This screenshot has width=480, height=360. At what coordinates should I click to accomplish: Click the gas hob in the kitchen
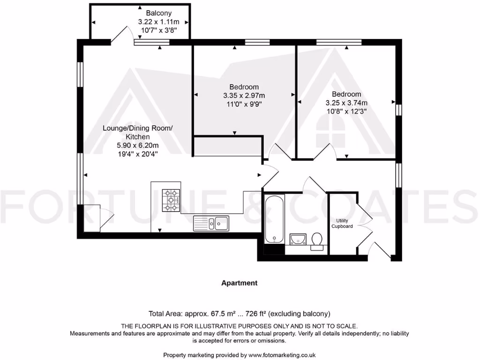[x=171, y=201]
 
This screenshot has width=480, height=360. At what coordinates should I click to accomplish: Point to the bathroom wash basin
[x=296, y=240]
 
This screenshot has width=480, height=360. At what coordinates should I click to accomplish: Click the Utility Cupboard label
[x=342, y=223]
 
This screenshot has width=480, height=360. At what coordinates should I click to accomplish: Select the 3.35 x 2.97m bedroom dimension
[x=244, y=96]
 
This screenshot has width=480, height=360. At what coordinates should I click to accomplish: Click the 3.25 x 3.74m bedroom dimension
[x=346, y=103]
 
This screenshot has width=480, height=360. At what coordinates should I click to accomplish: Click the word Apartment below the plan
[x=239, y=283]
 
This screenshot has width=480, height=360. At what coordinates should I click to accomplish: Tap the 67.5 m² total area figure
[x=217, y=314]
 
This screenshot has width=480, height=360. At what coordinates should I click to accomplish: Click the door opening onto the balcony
[x=121, y=36]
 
